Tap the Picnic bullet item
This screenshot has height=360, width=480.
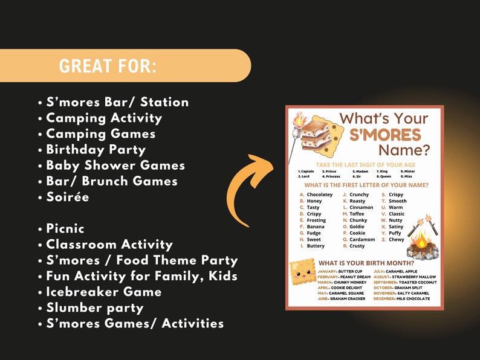pos(65,229)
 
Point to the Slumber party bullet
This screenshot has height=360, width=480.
pos(94,308)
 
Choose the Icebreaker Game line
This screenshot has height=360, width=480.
pos(103,292)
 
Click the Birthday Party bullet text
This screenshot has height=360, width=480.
pos(96,149)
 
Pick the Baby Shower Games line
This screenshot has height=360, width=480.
pos(115,166)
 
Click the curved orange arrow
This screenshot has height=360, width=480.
pos(248,187)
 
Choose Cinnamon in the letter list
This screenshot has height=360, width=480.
pos(362,207)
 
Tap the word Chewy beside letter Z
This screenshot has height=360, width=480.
pos(397,240)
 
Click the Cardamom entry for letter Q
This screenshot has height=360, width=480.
pos(362,240)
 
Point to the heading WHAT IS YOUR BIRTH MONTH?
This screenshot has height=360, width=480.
pos(366,263)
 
